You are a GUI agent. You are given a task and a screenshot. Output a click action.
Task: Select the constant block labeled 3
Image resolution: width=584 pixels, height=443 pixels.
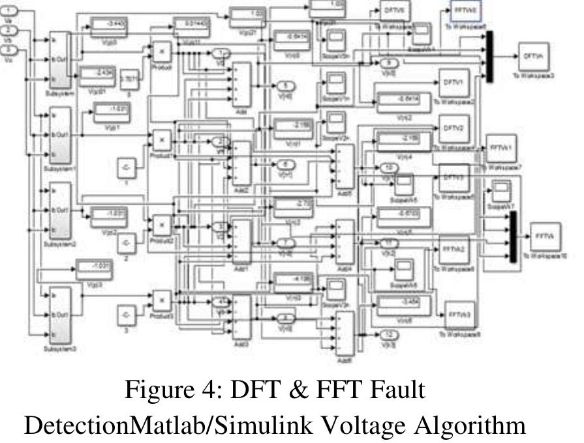click(x=127, y=315)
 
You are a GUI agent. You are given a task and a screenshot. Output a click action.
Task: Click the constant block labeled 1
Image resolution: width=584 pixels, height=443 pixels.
click(x=127, y=168)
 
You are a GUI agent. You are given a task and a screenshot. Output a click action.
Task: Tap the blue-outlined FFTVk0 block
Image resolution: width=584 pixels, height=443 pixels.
click(x=462, y=11)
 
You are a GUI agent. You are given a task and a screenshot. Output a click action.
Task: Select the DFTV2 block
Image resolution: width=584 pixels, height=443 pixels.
click(x=453, y=128)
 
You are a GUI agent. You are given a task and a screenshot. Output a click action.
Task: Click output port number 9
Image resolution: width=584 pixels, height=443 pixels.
click(x=390, y=63)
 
